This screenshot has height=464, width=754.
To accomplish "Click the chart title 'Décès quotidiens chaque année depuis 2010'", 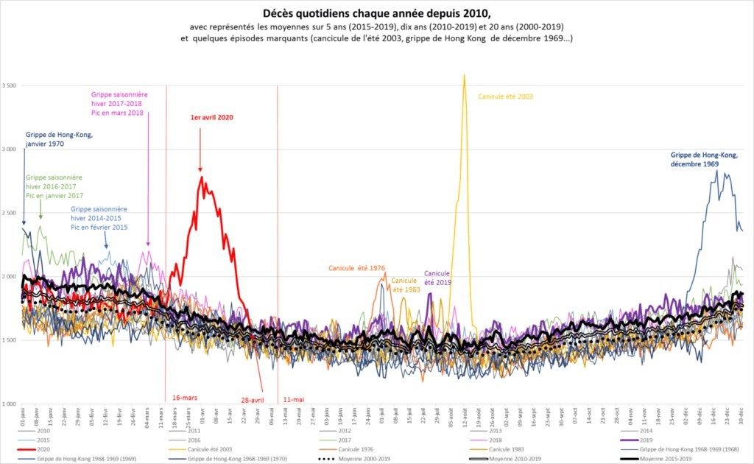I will [377, 13].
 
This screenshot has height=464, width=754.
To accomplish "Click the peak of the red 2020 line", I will [201, 176].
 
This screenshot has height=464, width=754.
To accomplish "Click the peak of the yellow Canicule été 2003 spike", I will [464, 74].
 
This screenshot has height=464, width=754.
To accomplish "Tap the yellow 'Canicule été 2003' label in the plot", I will [505, 96].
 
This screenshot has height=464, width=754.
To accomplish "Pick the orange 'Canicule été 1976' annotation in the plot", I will [357, 267].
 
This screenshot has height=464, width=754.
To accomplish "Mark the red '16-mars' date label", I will [185, 397].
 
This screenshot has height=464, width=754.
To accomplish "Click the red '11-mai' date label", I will [293, 399].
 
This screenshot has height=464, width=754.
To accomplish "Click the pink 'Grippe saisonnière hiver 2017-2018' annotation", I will [116, 103].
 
